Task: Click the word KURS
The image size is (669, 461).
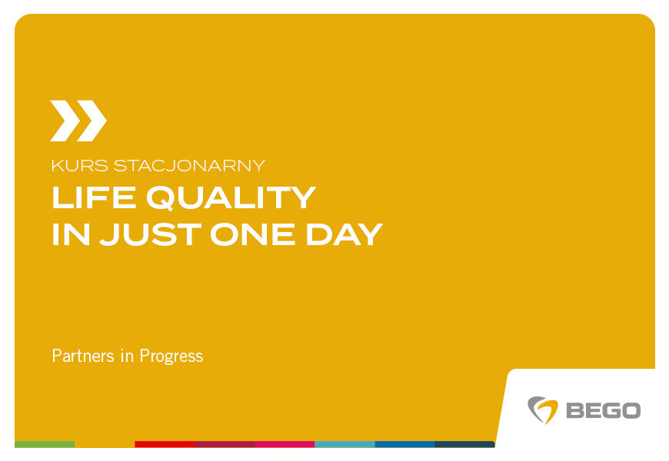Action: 80,165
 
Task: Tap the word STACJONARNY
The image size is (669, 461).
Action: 189,165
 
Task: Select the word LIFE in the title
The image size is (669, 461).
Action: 94,197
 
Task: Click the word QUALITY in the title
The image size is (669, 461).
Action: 231,198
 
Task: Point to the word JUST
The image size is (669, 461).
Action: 150,234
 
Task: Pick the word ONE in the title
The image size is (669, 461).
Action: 252,234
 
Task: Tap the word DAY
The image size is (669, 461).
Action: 344,234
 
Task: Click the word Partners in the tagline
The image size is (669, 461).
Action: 83,356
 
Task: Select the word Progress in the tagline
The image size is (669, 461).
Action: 171,357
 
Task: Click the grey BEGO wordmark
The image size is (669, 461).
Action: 604,410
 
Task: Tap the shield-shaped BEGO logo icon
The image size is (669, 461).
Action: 543,410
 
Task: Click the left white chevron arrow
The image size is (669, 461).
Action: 65,121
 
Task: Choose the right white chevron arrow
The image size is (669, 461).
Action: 92,121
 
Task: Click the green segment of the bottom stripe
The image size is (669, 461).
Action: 45,444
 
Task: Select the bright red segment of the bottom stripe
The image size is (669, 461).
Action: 165,444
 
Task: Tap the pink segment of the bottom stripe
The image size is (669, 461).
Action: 285,444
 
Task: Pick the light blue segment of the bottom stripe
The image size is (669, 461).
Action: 344,444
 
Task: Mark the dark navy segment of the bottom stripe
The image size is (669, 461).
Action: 464,444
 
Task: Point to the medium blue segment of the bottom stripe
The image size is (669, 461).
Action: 405,444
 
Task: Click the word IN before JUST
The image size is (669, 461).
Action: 71,234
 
